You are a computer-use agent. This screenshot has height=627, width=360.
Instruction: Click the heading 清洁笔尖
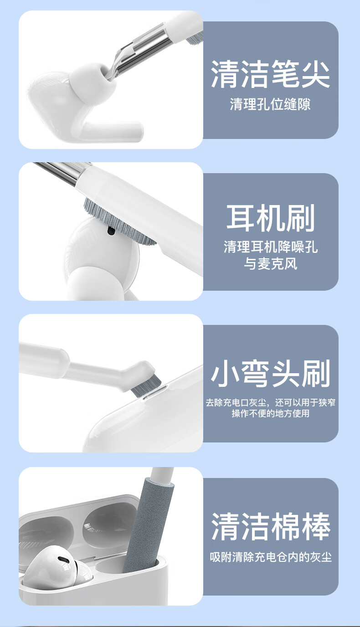[x=270, y=74]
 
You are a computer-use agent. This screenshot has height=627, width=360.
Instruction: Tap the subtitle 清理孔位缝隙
[x=270, y=104]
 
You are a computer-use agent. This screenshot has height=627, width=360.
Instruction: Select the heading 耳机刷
[x=270, y=218]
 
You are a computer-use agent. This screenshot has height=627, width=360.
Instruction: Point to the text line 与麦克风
[x=270, y=264]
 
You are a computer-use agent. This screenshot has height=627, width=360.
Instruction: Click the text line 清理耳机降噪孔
[x=270, y=247]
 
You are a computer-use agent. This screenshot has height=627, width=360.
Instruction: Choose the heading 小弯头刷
[x=270, y=374]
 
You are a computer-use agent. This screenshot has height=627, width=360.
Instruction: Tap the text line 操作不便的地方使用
[x=270, y=413]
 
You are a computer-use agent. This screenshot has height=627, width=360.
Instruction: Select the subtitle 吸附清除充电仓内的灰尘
[x=271, y=557]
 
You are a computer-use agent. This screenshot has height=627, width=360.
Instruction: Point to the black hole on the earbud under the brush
[x=111, y=231]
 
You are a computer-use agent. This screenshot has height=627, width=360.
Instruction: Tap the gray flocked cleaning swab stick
[x=148, y=526]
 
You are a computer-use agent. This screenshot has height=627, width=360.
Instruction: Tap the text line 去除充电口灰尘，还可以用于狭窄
[x=270, y=402]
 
